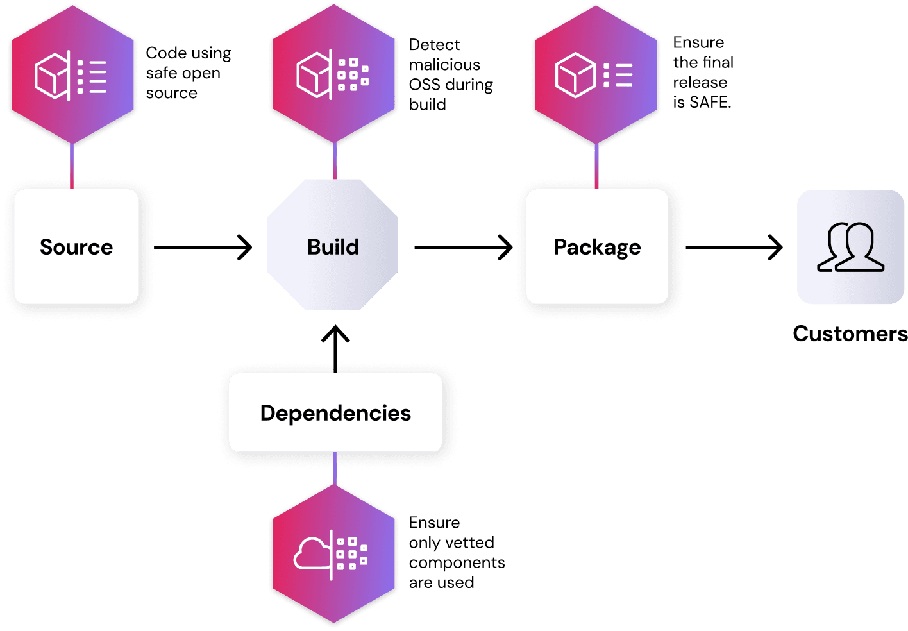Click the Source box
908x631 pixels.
[x=76, y=247]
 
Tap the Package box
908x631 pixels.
[x=597, y=247]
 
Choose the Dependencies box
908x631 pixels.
[x=335, y=413]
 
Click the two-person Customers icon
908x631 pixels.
[x=850, y=247]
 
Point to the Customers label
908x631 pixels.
[x=850, y=333]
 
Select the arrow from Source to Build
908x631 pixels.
[x=203, y=247]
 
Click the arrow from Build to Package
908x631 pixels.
[x=463, y=247]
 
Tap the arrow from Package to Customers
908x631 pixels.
[x=734, y=247]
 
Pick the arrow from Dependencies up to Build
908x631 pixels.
[x=335, y=349]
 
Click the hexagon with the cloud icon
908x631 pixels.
[x=333, y=553]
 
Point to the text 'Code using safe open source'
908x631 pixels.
[x=188, y=73]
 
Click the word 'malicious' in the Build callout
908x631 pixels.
[x=444, y=65]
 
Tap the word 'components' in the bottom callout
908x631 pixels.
[x=457, y=562]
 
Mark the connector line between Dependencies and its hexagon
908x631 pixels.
[x=335, y=468]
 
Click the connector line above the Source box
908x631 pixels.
[x=72, y=165]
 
